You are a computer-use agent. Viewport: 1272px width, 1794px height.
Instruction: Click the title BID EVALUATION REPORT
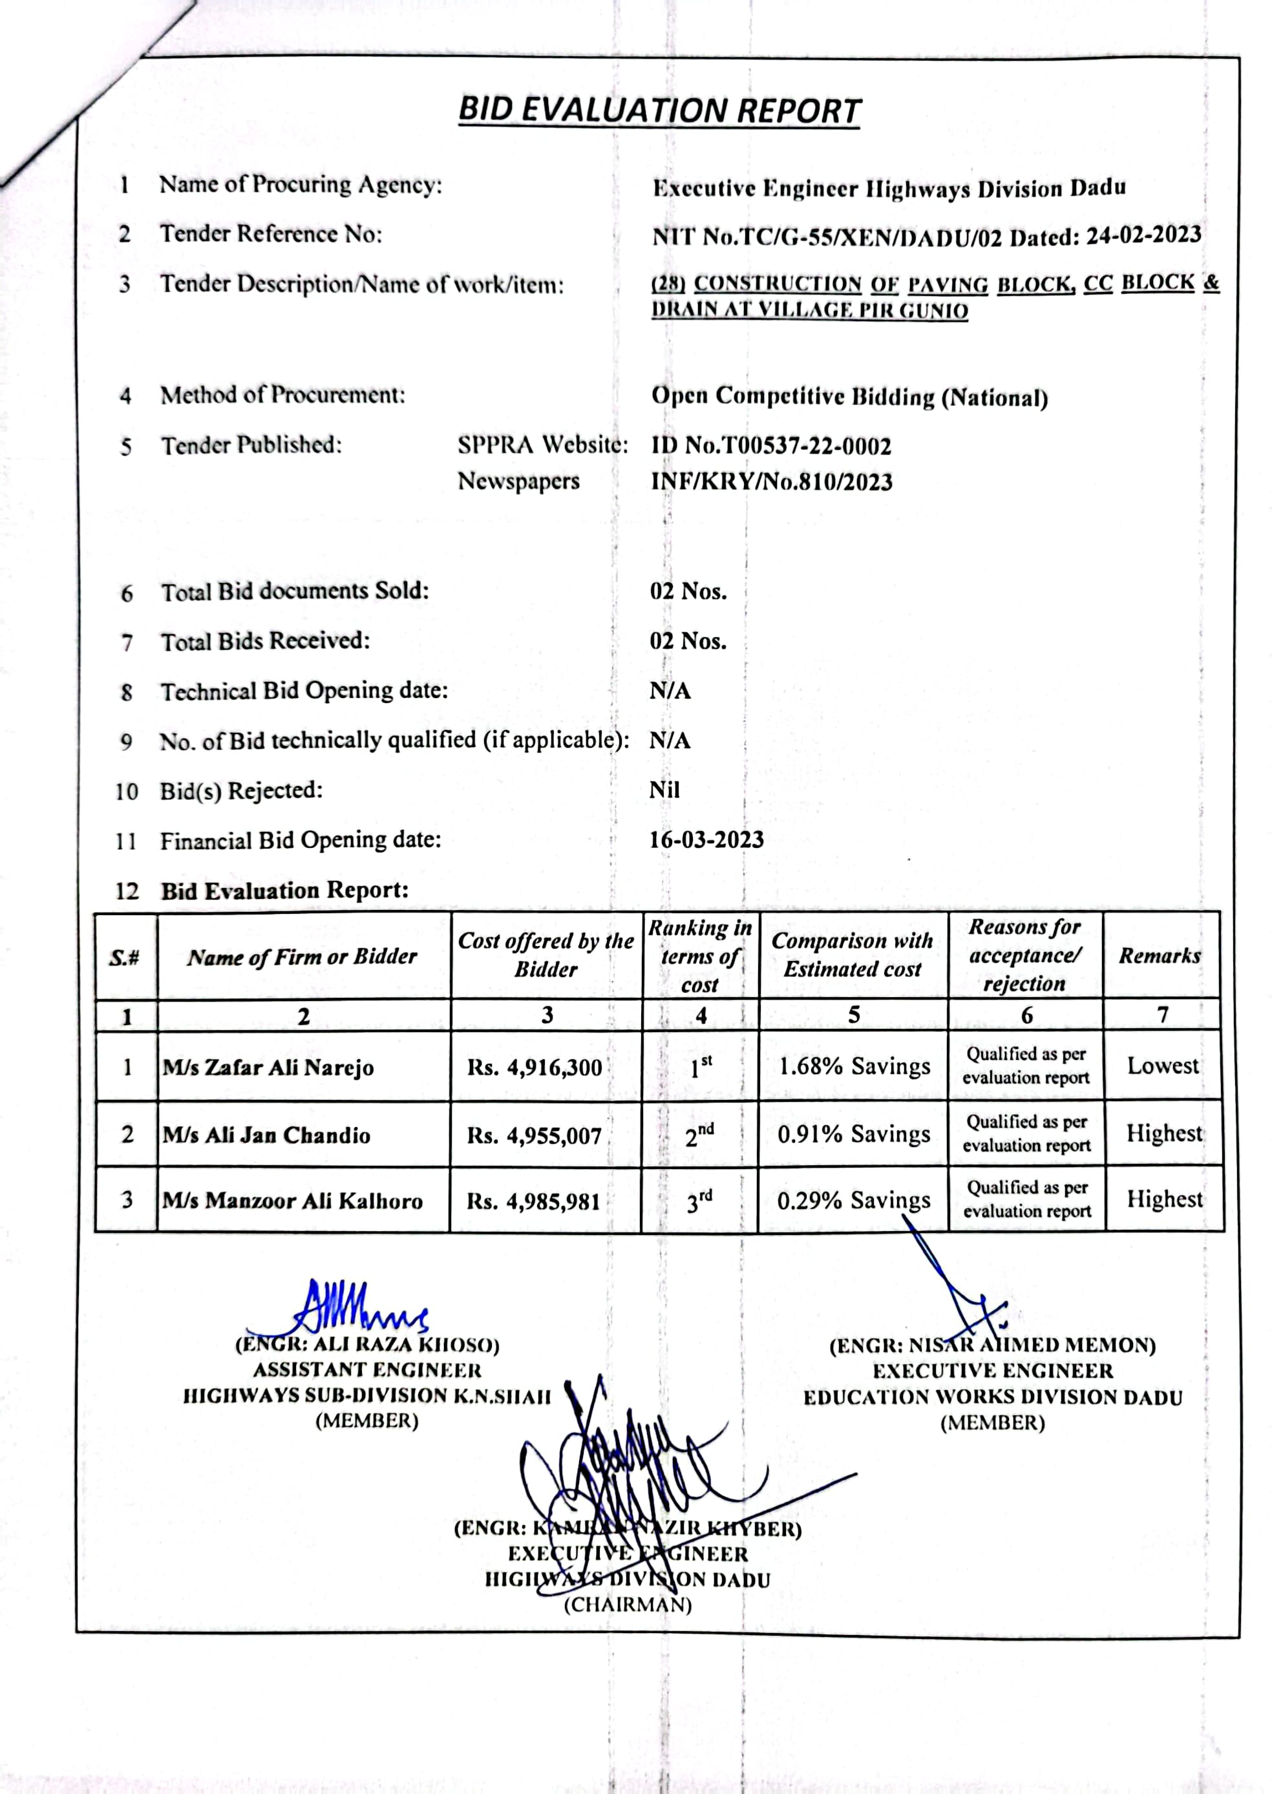pyautogui.click(x=659, y=111)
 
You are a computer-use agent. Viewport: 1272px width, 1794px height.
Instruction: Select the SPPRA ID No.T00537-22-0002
pyautogui.click(x=772, y=447)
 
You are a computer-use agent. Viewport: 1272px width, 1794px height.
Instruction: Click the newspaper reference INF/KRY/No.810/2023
pyautogui.click(x=772, y=481)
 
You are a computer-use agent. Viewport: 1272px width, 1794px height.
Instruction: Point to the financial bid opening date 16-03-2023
pyautogui.click(x=706, y=839)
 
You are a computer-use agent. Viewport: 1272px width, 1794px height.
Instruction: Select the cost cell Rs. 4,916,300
pyautogui.click(x=535, y=1068)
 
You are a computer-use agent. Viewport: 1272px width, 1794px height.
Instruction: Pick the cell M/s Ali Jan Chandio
pyautogui.click(x=266, y=1135)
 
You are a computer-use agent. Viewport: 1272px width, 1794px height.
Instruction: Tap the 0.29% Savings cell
pyautogui.click(x=854, y=1201)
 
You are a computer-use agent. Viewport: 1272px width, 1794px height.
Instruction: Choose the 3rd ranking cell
pyautogui.click(x=699, y=1201)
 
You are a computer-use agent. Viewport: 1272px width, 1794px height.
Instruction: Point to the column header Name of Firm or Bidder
pyautogui.click(x=302, y=956)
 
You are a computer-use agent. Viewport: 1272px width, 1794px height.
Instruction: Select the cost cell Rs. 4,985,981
pyautogui.click(x=533, y=1201)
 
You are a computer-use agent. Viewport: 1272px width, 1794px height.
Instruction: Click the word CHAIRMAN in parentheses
pyautogui.click(x=628, y=1605)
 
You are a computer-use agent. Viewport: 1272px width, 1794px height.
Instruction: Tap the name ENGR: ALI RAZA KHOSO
pyautogui.click(x=367, y=1344)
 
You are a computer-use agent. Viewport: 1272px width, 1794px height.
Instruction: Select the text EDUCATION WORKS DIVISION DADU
pyautogui.click(x=992, y=1397)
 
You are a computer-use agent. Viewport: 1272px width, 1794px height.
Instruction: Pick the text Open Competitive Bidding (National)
pyautogui.click(x=849, y=397)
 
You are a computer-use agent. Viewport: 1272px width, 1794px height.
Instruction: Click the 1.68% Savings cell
pyautogui.click(x=854, y=1066)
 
